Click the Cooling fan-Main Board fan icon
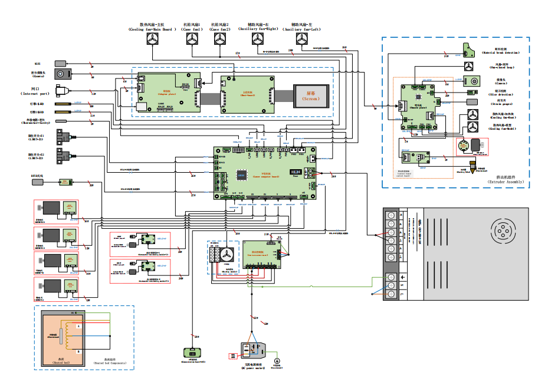point(153,40)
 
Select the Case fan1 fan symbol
point(192,40)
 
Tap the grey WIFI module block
point(60,62)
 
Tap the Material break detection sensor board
point(470,50)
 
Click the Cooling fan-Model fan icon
point(472,127)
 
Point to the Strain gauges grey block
point(472,101)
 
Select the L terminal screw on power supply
point(390,293)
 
